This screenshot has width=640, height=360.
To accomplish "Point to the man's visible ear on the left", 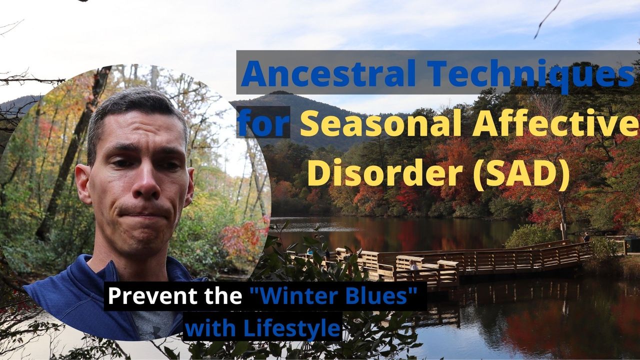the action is (83, 183).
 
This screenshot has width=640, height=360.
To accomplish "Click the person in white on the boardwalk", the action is (413, 265).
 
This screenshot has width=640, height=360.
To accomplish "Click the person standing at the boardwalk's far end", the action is (586, 237).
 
